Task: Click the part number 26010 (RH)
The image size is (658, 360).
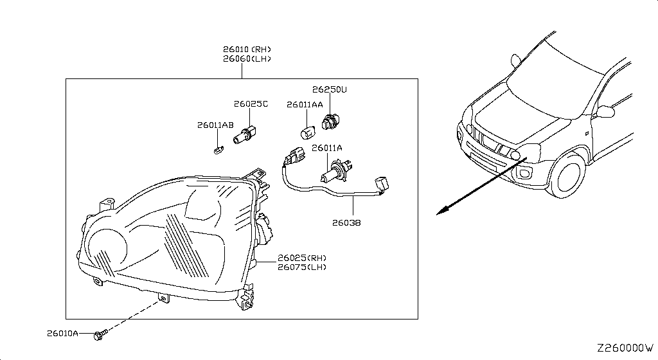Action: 247,49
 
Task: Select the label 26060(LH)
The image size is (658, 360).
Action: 247,59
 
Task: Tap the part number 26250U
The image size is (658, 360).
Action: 329,90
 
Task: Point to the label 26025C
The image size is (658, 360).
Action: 251,104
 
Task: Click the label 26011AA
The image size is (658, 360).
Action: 305,104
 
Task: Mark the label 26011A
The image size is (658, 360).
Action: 327,148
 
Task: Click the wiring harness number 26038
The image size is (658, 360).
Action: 346,223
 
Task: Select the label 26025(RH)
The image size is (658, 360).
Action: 302,258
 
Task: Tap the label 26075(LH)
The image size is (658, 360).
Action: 302,267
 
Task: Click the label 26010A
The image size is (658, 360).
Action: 62,334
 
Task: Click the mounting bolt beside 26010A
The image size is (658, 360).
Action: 100,335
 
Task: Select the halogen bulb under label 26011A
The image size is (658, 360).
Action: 332,174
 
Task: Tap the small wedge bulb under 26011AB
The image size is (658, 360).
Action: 217,151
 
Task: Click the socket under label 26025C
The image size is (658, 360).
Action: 245,136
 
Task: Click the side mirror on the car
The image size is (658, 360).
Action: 605,112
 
